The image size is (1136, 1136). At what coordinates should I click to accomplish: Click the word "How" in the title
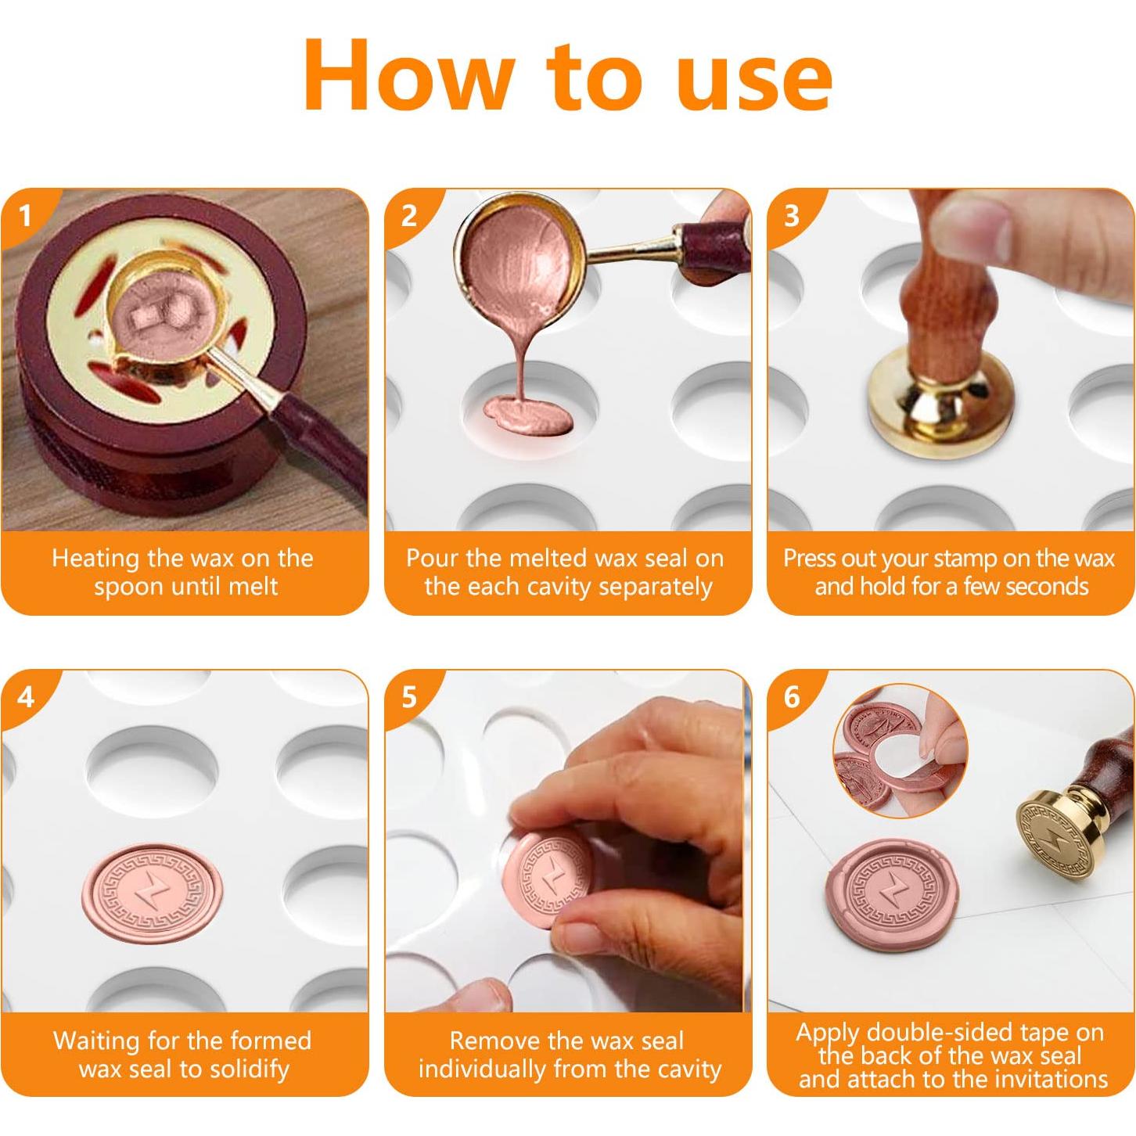(x=408, y=75)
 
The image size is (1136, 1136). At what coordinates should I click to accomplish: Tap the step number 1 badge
(x=25, y=217)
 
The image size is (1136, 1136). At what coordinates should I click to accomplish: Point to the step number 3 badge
(x=792, y=217)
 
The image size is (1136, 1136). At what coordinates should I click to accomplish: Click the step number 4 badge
(x=25, y=697)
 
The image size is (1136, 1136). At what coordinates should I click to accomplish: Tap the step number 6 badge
(x=792, y=697)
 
